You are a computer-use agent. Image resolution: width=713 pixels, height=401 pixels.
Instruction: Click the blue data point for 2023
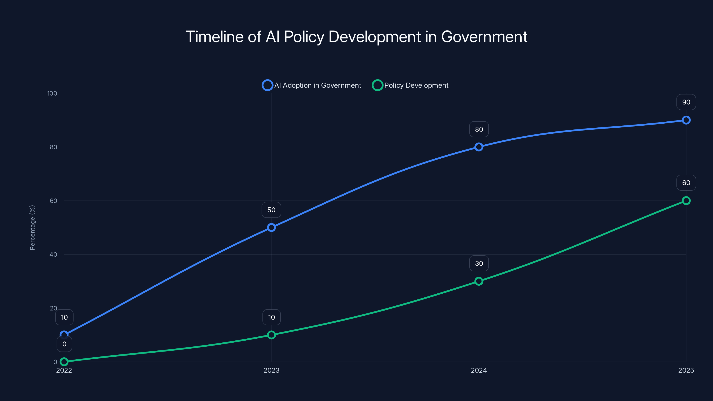pyautogui.click(x=271, y=227)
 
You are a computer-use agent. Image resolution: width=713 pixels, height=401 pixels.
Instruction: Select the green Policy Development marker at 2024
pyautogui.click(x=479, y=281)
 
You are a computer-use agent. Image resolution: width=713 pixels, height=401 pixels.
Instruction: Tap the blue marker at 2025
pyautogui.click(x=686, y=120)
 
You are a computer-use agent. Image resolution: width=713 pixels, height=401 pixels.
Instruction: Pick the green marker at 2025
pyautogui.click(x=686, y=201)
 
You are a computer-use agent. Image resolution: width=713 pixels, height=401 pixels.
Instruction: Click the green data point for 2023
pyautogui.click(x=271, y=335)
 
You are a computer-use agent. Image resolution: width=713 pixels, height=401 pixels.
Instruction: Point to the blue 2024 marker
pyautogui.click(x=479, y=147)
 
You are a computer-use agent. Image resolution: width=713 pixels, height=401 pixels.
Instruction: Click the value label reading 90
pyautogui.click(x=686, y=102)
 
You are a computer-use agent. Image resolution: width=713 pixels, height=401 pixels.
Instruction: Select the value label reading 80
pyautogui.click(x=479, y=129)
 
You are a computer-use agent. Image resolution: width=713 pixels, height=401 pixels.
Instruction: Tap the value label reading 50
pyautogui.click(x=271, y=210)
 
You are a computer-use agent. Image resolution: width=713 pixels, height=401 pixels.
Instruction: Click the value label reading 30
pyautogui.click(x=479, y=264)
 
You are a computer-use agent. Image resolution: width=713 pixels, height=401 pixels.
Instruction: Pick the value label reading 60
pyautogui.click(x=686, y=183)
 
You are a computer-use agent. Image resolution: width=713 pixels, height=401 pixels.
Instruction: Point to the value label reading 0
pyautogui.click(x=64, y=344)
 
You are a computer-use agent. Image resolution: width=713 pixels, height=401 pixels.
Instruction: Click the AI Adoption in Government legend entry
pyautogui.click(x=312, y=85)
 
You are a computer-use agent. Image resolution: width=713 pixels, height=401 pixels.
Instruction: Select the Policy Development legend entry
pyautogui.click(x=410, y=85)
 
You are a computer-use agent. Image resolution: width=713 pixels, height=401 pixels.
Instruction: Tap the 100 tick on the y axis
pyautogui.click(x=52, y=93)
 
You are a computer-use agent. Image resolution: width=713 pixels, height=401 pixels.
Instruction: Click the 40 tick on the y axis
pyautogui.click(x=53, y=254)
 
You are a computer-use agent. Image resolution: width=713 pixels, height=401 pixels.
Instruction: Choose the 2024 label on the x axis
pyautogui.click(x=479, y=370)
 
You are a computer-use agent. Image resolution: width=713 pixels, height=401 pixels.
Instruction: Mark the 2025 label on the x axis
pyautogui.click(x=686, y=370)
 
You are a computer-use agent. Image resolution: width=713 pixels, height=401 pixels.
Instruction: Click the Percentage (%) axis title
pyautogui.click(x=32, y=227)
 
